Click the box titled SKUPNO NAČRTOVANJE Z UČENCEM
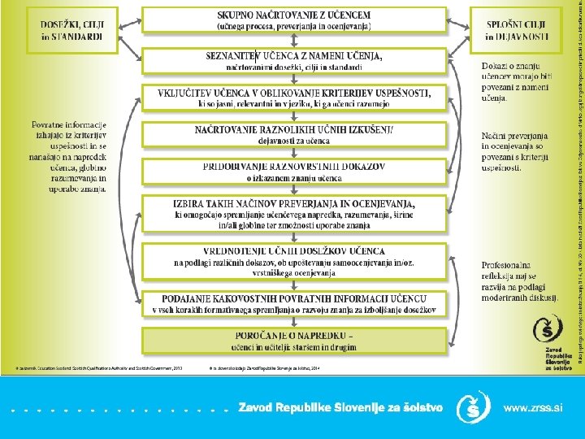[293, 20]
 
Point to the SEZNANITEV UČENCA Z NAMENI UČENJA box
[293, 60]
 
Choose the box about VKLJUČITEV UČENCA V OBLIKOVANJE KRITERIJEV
[293, 98]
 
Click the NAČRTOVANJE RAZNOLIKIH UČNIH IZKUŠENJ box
[293, 135]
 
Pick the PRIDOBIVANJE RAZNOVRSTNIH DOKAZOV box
[293, 171]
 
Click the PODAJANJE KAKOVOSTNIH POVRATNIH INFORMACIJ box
[293, 304]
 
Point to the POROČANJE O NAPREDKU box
[293, 339]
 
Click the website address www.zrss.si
[532, 407]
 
